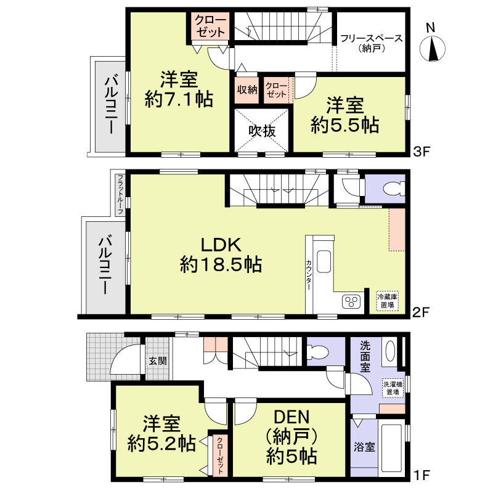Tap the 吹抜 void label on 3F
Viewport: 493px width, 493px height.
[262, 131]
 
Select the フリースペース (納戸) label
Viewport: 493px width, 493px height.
[372, 43]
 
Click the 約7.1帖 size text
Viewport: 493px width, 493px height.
[179, 99]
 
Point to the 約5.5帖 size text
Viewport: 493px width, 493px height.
[345, 125]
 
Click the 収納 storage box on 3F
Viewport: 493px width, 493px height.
[247, 90]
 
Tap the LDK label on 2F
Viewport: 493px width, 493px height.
[221, 245]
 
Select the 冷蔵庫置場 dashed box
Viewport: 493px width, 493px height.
[388, 301]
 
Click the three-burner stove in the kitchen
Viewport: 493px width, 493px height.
[351, 301]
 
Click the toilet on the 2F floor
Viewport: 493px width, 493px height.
[394, 189]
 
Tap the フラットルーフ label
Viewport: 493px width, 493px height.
[120, 195]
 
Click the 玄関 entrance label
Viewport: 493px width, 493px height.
[158, 361]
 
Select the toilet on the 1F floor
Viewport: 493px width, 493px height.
[318, 352]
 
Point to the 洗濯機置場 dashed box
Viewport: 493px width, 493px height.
[393, 388]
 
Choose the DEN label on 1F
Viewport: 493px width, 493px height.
[291, 417]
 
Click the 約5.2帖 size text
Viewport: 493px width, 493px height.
[161, 444]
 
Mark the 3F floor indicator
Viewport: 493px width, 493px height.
[422, 152]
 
